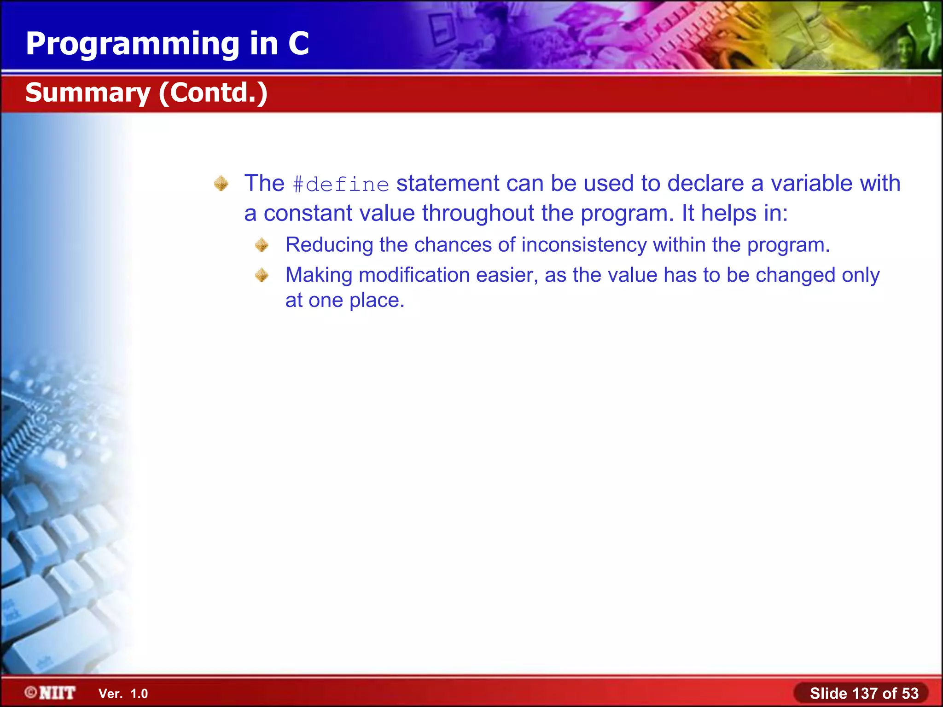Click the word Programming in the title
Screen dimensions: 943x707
pyautogui.click(x=133, y=44)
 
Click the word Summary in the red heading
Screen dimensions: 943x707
pyautogui.click(x=88, y=93)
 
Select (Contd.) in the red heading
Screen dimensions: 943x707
pyautogui.click(x=213, y=93)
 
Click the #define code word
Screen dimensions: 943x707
pyautogui.click(x=341, y=185)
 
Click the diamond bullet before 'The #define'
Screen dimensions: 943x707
pyautogui.click(x=221, y=184)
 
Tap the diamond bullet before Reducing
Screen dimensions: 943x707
pyautogui.click(x=262, y=245)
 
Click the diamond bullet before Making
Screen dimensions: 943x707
pyautogui.click(x=262, y=275)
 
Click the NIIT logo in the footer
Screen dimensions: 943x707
pyautogui.click(x=57, y=693)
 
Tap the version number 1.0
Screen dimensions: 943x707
pyautogui.click(x=139, y=694)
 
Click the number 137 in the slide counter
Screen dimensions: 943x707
pyautogui.click(x=865, y=693)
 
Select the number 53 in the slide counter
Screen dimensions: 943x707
pyautogui.click(x=910, y=693)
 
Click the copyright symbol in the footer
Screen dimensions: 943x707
pyautogui.click(x=31, y=692)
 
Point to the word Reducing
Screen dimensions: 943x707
pyautogui.click(x=329, y=245)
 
